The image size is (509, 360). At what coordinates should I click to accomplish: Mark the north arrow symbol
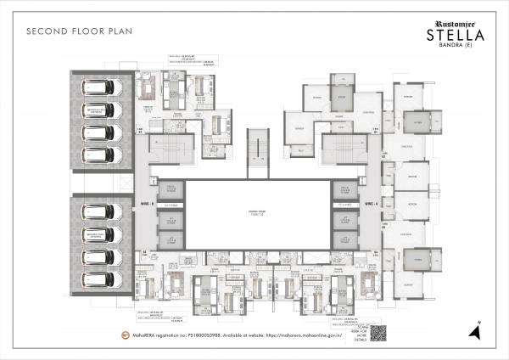pyautogui.click(x=478, y=331)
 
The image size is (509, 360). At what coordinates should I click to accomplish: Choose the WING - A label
pyautogui.click(x=370, y=205)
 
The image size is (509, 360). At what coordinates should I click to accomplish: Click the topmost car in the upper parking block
pyautogui.click(x=100, y=89)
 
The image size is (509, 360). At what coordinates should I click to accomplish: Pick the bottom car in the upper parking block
pyautogui.click(x=100, y=155)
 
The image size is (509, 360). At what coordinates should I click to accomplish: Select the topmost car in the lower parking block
pyautogui.click(x=100, y=211)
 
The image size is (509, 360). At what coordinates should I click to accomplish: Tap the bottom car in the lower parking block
pyautogui.click(x=100, y=277)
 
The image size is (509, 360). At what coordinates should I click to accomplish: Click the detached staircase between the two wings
pyautogui.click(x=258, y=153)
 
